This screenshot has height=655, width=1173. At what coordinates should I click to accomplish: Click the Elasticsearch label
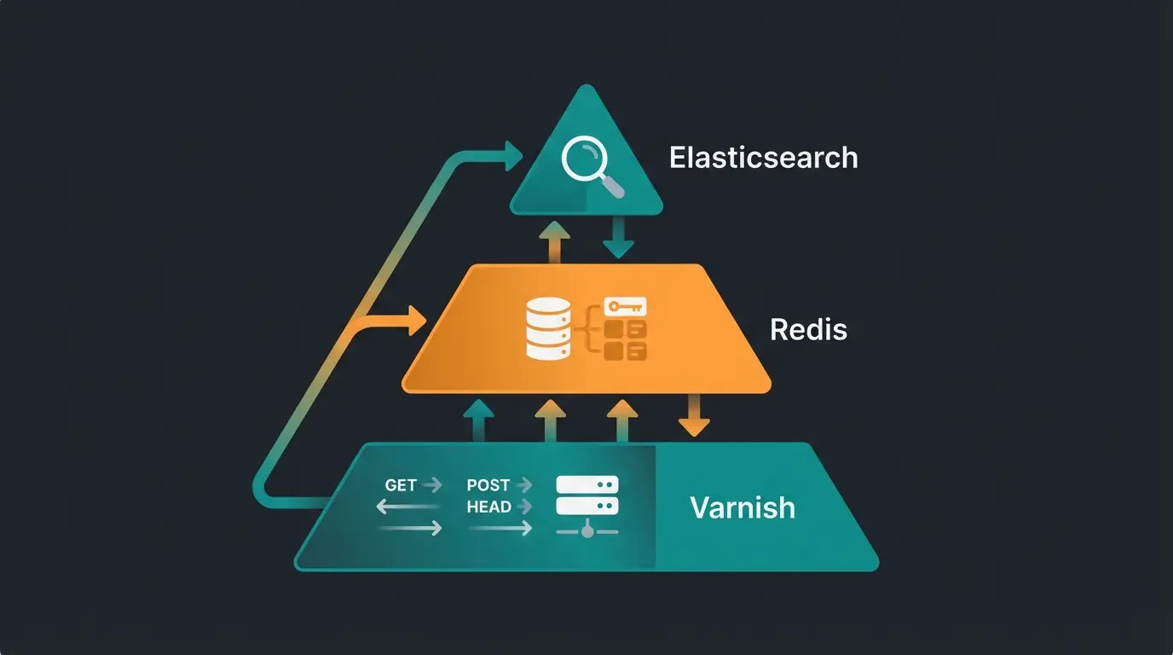(x=763, y=158)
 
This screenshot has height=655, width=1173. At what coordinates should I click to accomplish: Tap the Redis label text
(x=808, y=329)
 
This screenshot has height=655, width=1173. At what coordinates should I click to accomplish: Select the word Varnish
(x=742, y=507)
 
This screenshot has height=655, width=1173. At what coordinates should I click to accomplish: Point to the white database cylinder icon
(x=546, y=328)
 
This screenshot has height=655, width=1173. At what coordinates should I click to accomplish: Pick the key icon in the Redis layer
(x=625, y=306)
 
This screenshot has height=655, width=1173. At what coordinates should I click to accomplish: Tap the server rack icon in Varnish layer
(x=586, y=496)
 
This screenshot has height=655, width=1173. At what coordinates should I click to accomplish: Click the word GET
(x=401, y=485)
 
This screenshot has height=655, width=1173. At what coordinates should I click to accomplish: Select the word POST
(x=488, y=485)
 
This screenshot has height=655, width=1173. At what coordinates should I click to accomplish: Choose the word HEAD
(x=488, y=507)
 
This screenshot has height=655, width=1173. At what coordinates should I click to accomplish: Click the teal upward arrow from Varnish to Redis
(x=479, y=420)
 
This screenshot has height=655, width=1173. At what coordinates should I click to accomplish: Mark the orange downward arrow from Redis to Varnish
(x=694, y=416)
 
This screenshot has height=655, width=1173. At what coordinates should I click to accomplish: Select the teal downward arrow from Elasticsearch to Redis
(x=618, y=238)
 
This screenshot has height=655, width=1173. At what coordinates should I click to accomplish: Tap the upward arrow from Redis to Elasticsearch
(x=555, y=241)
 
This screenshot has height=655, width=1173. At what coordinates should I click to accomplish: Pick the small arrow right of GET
(x=433, y=485)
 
